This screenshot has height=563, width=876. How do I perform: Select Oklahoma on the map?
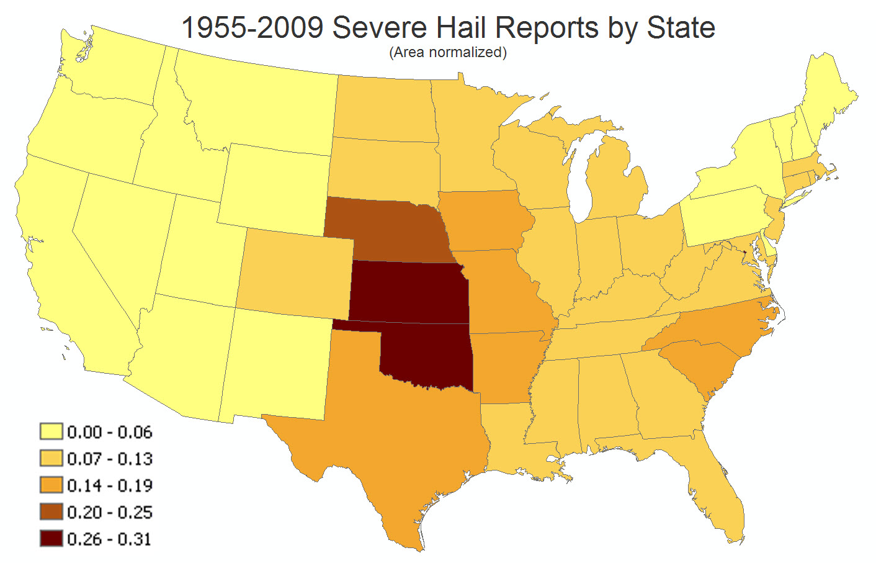point(428,357)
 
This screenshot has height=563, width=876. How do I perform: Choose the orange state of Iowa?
point(484,220)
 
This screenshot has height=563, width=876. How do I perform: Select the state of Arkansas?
point(506,366)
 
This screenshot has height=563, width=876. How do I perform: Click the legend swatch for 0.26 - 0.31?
point(51,539)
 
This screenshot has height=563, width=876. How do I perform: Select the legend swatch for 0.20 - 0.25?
point(51,512)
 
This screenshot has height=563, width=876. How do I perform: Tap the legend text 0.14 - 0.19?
point(109,485)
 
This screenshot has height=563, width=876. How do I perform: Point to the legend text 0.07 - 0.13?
point(109,459)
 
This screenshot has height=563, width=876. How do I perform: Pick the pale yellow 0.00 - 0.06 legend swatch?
point(51,432)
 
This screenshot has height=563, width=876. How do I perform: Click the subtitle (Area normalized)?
point(448,53)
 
